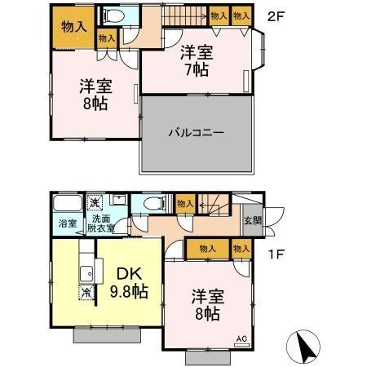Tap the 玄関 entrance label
[252, 220]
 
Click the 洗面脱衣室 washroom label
[102, 223]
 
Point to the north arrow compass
[307, 348]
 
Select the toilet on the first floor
[151, 205]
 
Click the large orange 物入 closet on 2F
[74, 26]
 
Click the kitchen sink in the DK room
[83, 272]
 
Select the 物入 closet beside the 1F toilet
[184, 204]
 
